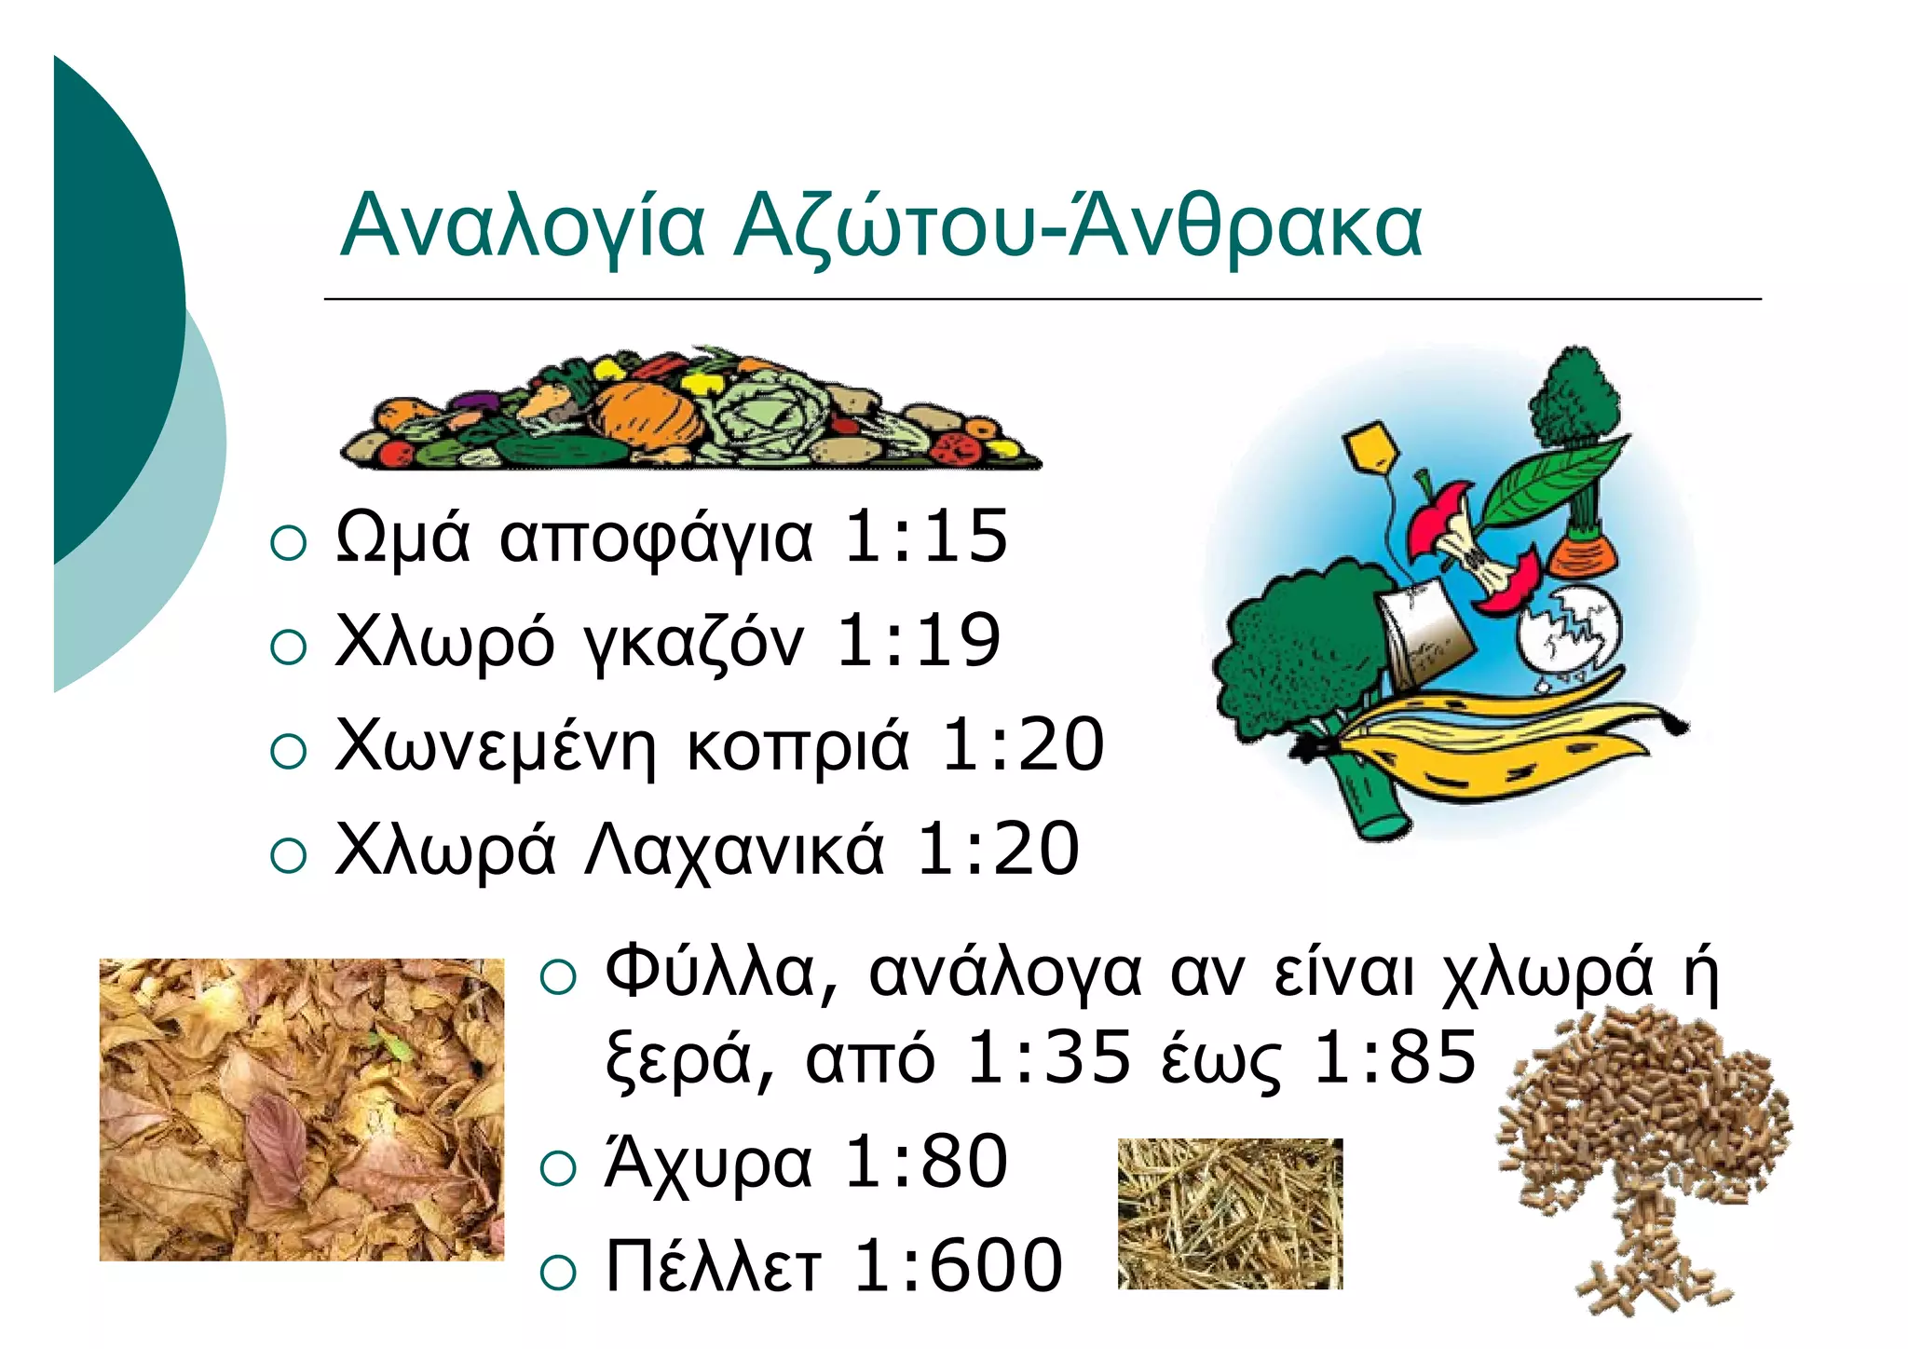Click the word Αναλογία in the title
(523, 226)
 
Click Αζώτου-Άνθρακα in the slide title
(1077, 226)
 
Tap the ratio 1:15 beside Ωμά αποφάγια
(925, 537)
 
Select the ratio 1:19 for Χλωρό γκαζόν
(919, 641)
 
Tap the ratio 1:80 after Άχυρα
(925, 1162)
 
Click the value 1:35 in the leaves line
(1049, 1057)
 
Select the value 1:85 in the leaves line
(1395, 1057)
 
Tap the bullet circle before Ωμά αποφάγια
(288, 542)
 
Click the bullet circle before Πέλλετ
(558, 1272)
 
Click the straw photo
(1230, 1213)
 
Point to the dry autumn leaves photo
(301, 1109)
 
